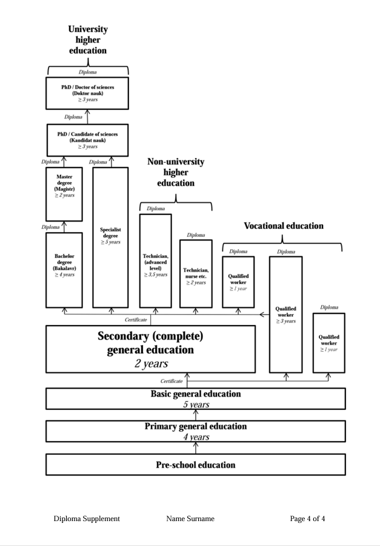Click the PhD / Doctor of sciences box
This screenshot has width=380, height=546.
click(x=87, y=93)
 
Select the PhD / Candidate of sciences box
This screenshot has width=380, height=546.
click(x=87, y=140)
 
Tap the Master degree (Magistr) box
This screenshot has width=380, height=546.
click(x=64, y=194)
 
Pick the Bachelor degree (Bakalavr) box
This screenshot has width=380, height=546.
click(x=64, y=270)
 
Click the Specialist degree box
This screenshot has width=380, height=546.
click(x=110, y=237)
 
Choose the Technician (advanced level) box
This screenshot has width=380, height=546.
click(x=155, y=261)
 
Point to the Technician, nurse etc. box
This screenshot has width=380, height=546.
click(x=196, y=273)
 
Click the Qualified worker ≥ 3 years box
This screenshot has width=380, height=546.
click(x=285, y=314)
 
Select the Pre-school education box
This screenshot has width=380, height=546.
click(x=196, y=465)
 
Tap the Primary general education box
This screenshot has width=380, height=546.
click(x=196, y=431)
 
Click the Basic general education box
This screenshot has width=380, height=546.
click(x=196, y=398)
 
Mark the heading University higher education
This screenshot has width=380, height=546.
click(x=88, y=39)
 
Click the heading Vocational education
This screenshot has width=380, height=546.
click(x=284, y=226)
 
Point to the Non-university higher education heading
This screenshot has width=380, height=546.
click(x=176, y=172)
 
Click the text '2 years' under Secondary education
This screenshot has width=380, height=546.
click(x=151, y=364)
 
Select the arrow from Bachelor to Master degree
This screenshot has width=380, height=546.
click(x=64, y=227)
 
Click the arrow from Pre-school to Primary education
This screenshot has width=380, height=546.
click(x=196, y=448)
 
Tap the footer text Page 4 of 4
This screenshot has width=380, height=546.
click(x=307, y=519)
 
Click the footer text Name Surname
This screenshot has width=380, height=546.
click(x=190, y=519)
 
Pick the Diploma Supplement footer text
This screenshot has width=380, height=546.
click(x=87, y=519)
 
